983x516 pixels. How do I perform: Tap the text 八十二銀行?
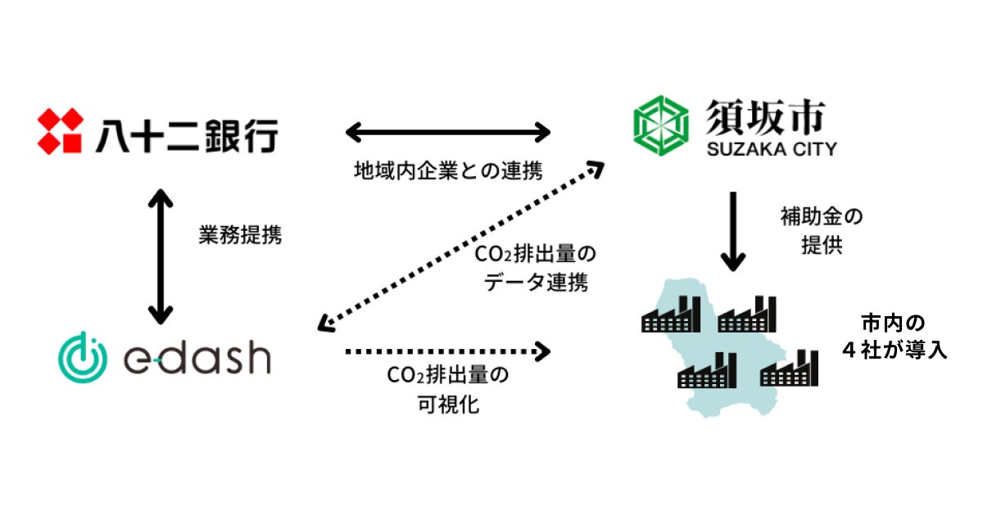click(x=186, y=134)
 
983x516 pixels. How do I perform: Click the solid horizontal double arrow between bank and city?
click(x=447, y=130)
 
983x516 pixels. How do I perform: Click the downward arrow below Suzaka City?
click(x=732, y=231)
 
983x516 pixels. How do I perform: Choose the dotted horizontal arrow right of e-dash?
click(x=447, y=351)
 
